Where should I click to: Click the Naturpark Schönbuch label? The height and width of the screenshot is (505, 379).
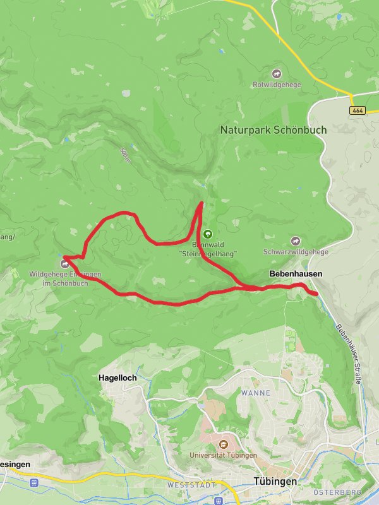coord(274,129)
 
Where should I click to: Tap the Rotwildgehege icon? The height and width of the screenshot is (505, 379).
coord(277,74)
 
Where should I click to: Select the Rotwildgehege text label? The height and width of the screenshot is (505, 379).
coord(277,85)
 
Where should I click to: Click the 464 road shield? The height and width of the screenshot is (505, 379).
coord(358,110)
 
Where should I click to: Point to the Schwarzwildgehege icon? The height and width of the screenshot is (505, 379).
coord(296,241)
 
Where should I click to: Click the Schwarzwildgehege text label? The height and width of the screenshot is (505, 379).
coord(296,252)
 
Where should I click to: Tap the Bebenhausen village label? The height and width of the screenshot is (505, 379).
coord(296,274)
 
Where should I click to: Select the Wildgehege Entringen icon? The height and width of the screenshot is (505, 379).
coord(64,264)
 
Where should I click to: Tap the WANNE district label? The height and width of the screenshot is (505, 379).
coord(255,393)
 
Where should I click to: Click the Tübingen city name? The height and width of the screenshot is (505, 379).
coord(275,481)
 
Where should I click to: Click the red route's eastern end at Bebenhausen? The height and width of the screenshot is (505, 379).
coord(315,292)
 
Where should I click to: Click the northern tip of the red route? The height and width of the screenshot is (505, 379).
coord(202,203)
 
